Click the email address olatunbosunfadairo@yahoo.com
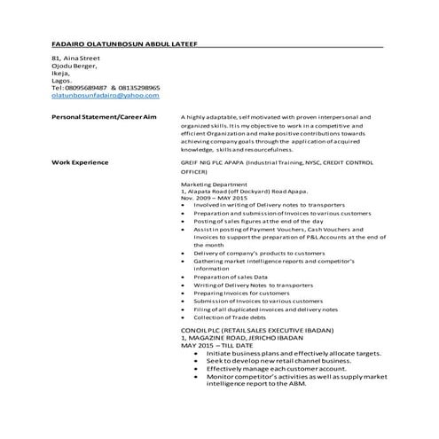pos(104,96)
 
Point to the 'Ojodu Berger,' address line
pos(74,66)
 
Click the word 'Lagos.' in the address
pos(63,81)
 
